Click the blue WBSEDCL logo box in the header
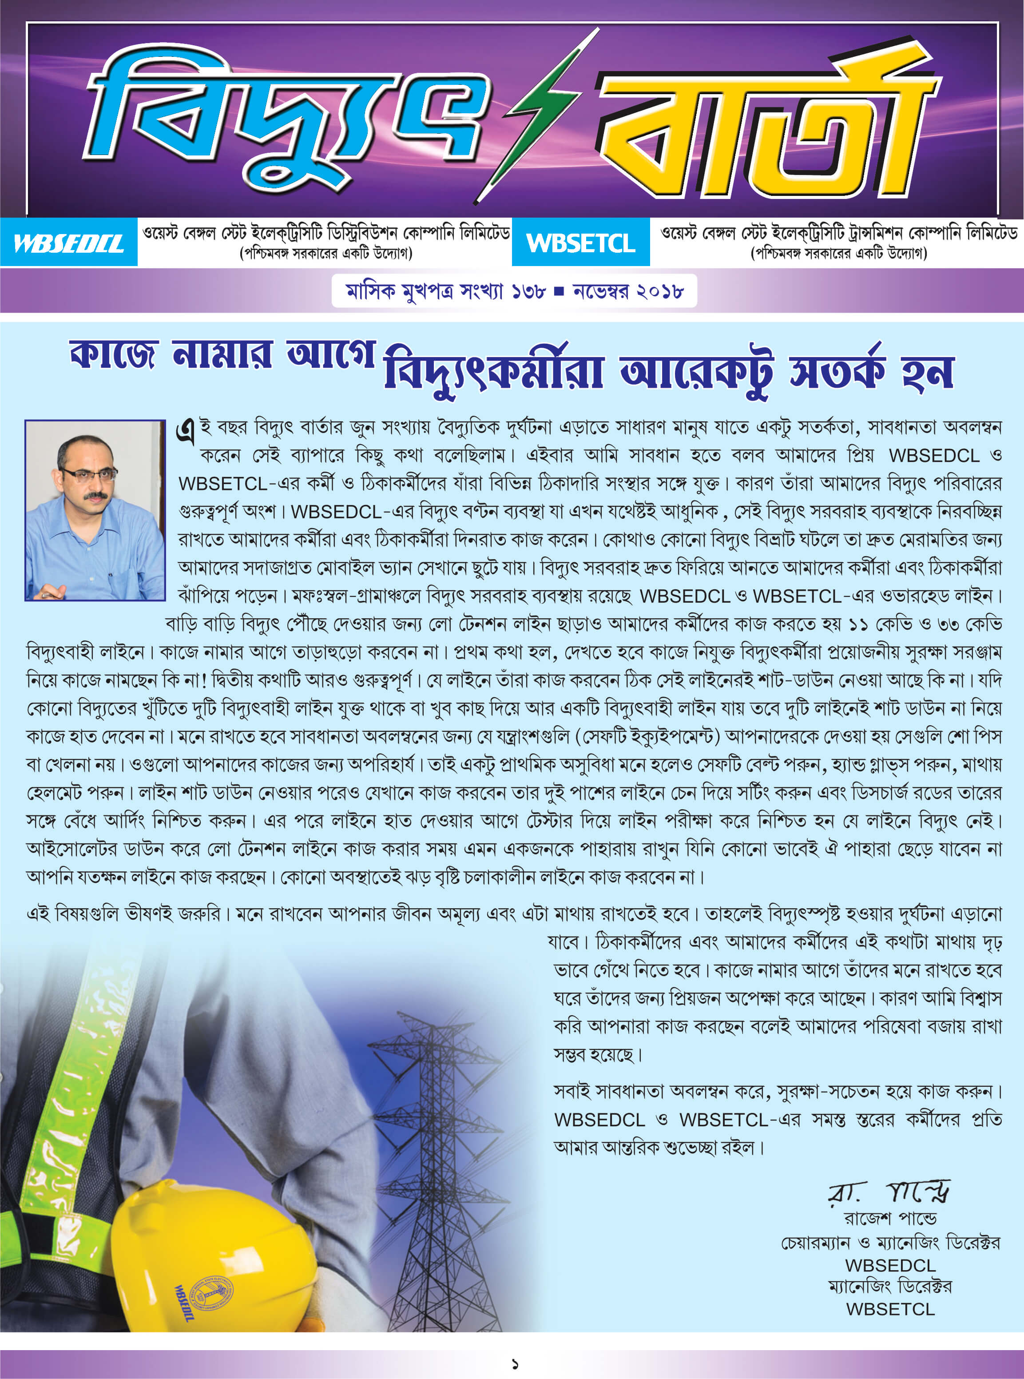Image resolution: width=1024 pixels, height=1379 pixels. click(x=68, y=243)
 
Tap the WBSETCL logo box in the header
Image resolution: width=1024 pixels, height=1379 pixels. click(x=581, y=243)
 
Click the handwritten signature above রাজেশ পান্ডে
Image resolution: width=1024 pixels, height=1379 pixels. click(x=889, y=1191)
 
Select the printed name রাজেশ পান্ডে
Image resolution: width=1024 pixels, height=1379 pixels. click(x=890, y=1219)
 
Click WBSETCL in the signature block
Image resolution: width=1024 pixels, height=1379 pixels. click(x=890, y=1309)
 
